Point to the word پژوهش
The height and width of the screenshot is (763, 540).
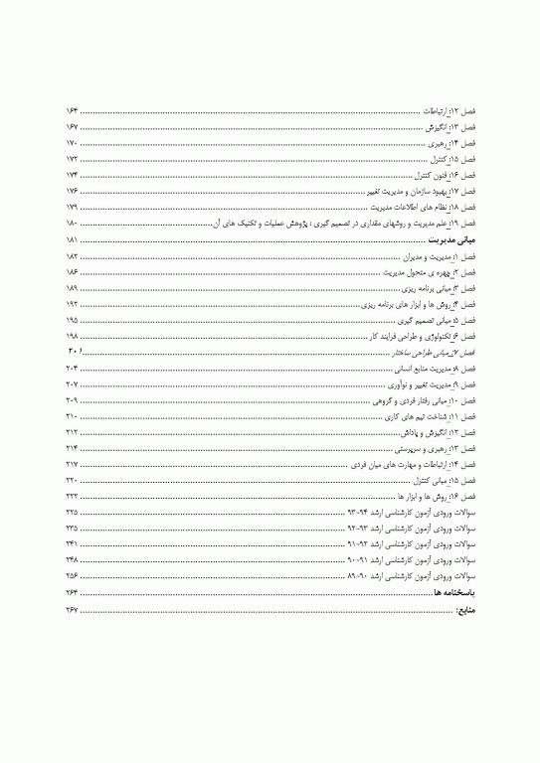277,225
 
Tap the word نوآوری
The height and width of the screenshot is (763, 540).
377,383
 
